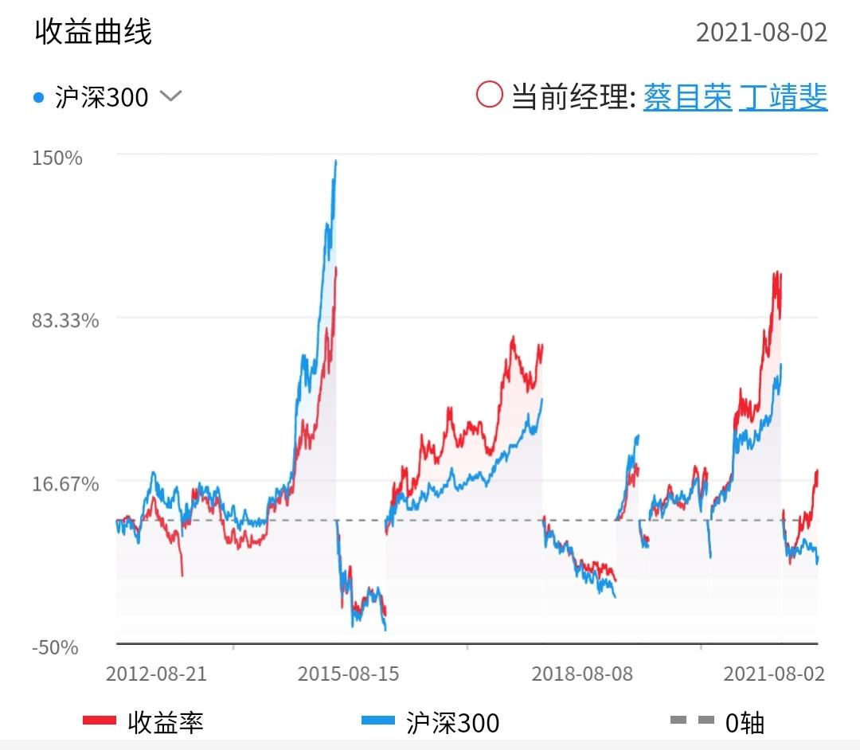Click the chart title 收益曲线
coord(93,32)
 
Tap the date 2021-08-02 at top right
coord(761,33)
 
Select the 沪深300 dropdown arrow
coord(171,96)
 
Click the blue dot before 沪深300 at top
coord(39,98)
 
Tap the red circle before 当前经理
coord(489,95)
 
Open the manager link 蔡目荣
coord(687,97)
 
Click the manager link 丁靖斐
coord(783,97)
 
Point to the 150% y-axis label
coord(57,157)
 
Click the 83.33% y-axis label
coord(65,320)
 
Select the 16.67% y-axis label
coord(65,484)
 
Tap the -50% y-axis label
coord(55,647)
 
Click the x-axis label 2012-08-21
coord(156,674)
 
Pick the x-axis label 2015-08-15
coord(348,674)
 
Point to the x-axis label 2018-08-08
coord(582,674)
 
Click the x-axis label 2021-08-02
coord(773,674)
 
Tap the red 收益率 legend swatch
coord(100,721)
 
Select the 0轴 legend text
coord(745,722)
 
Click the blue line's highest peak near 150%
coord(335,162)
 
